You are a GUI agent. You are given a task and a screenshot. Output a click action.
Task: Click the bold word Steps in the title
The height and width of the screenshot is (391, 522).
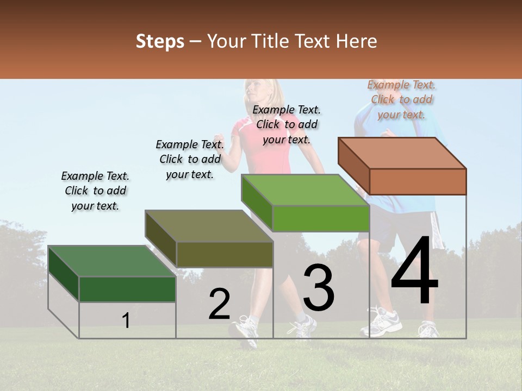click(160, 41)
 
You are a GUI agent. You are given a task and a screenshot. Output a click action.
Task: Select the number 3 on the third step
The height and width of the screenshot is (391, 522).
click(319, 288)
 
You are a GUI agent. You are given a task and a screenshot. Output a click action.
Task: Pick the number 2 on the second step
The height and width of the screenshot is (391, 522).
click(219, 304)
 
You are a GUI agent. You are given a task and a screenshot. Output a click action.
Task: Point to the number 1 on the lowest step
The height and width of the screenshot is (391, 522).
click(126, 320)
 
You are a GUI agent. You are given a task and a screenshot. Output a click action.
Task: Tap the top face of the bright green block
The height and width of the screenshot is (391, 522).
click(305, 190)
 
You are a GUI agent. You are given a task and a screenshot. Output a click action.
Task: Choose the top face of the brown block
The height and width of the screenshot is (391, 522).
click(402, 153)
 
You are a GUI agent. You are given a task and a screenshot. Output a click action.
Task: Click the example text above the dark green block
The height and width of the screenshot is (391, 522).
click(95, 191)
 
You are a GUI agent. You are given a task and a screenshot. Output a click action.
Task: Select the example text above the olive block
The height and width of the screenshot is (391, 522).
click(190, 159)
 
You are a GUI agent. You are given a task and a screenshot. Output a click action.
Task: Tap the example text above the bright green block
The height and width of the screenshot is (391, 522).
click(287, 124)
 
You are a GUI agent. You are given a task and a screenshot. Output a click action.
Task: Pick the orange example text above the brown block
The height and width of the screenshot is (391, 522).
click(401, 99)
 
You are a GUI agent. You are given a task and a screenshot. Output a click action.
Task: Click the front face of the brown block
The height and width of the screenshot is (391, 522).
click(418, 181)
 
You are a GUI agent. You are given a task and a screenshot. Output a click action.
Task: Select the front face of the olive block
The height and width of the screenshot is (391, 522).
click(225, 254)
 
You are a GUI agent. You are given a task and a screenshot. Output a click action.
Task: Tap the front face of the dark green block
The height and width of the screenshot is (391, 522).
click(127, 289)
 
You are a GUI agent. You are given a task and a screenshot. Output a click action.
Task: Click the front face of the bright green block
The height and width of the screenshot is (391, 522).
click(321, 218)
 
